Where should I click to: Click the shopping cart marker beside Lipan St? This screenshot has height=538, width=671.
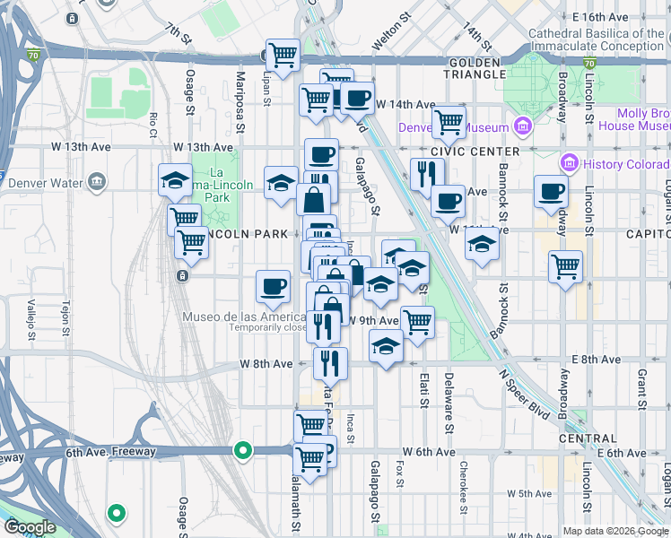point(283,56)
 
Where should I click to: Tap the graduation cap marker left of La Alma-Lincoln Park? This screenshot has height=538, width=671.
point(175,180)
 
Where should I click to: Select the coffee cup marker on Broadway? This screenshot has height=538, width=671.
point(551,191)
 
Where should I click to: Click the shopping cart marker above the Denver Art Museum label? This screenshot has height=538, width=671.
point(449,121)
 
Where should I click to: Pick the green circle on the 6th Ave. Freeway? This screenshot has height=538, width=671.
point(242,450)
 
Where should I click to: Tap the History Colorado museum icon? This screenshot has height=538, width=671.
point(567,164)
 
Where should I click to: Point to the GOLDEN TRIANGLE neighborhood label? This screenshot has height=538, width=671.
point(474,68)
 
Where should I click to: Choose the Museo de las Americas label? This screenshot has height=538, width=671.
point(245,317)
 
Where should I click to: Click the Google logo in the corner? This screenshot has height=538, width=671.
point(30,527)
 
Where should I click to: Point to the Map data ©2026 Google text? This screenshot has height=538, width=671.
point(615,531)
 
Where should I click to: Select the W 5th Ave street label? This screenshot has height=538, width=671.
point(528,493)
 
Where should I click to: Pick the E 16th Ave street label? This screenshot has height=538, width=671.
point(602,17)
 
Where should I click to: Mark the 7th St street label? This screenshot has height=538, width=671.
point(179,34)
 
